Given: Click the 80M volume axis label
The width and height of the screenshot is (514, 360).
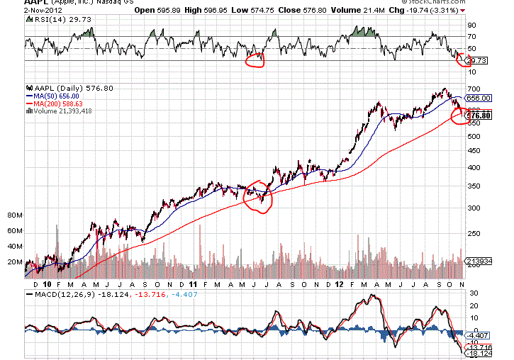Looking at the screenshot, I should (14, 214).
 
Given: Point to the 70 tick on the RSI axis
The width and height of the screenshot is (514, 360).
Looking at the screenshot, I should (471, 36).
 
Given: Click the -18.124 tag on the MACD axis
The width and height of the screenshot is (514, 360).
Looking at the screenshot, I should (479, 353).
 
